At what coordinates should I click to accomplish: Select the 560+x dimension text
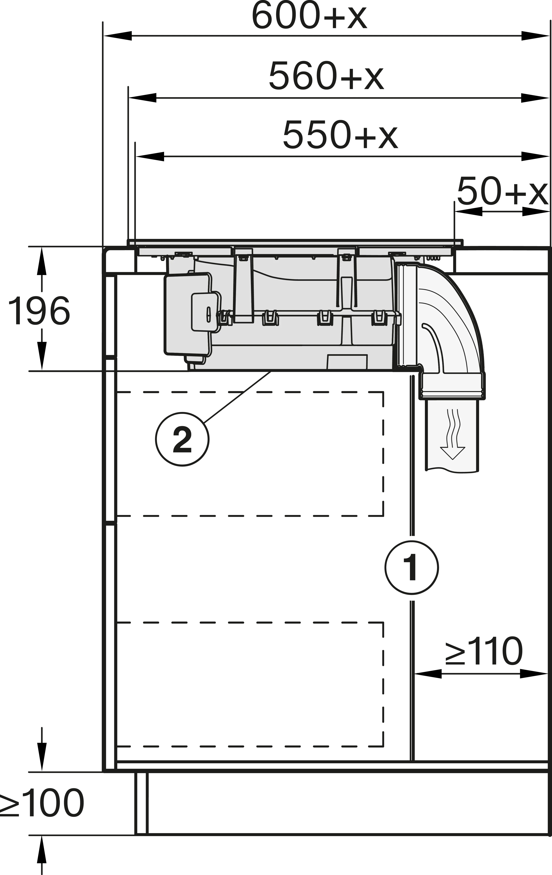point(326,76)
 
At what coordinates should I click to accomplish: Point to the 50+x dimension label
point(503,192)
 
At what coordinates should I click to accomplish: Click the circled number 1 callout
point(412,568)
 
